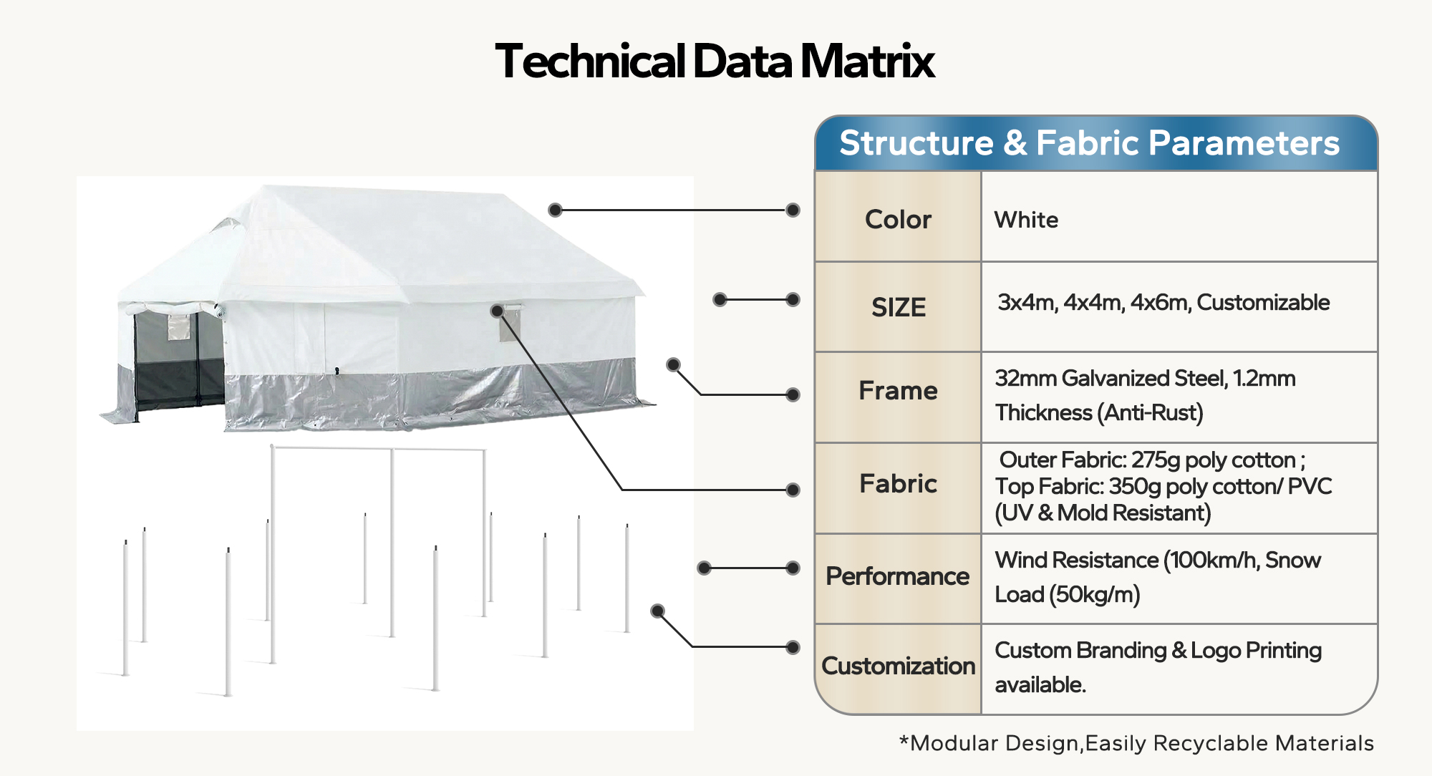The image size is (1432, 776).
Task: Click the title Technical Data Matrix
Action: [715, 61]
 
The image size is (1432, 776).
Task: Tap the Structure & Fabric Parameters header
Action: [1089, 143]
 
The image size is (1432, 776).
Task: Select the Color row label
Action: [898, 219]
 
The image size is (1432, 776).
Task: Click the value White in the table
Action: [1026, 220]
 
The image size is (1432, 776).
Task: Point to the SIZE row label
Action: [899, 308]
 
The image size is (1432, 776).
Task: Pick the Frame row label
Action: [898, 391]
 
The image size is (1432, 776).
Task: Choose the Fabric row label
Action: [898, 484]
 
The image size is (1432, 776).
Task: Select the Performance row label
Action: [897, 576]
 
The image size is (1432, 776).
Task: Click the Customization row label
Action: [898, 666]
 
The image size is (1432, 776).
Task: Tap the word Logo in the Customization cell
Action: [1216, 650]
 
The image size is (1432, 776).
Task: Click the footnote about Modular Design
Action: [1136, 743]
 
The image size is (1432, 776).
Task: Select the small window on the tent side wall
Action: [510, 324]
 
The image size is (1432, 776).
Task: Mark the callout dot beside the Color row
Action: [793, 210]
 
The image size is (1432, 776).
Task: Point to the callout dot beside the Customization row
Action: [793, 647]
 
